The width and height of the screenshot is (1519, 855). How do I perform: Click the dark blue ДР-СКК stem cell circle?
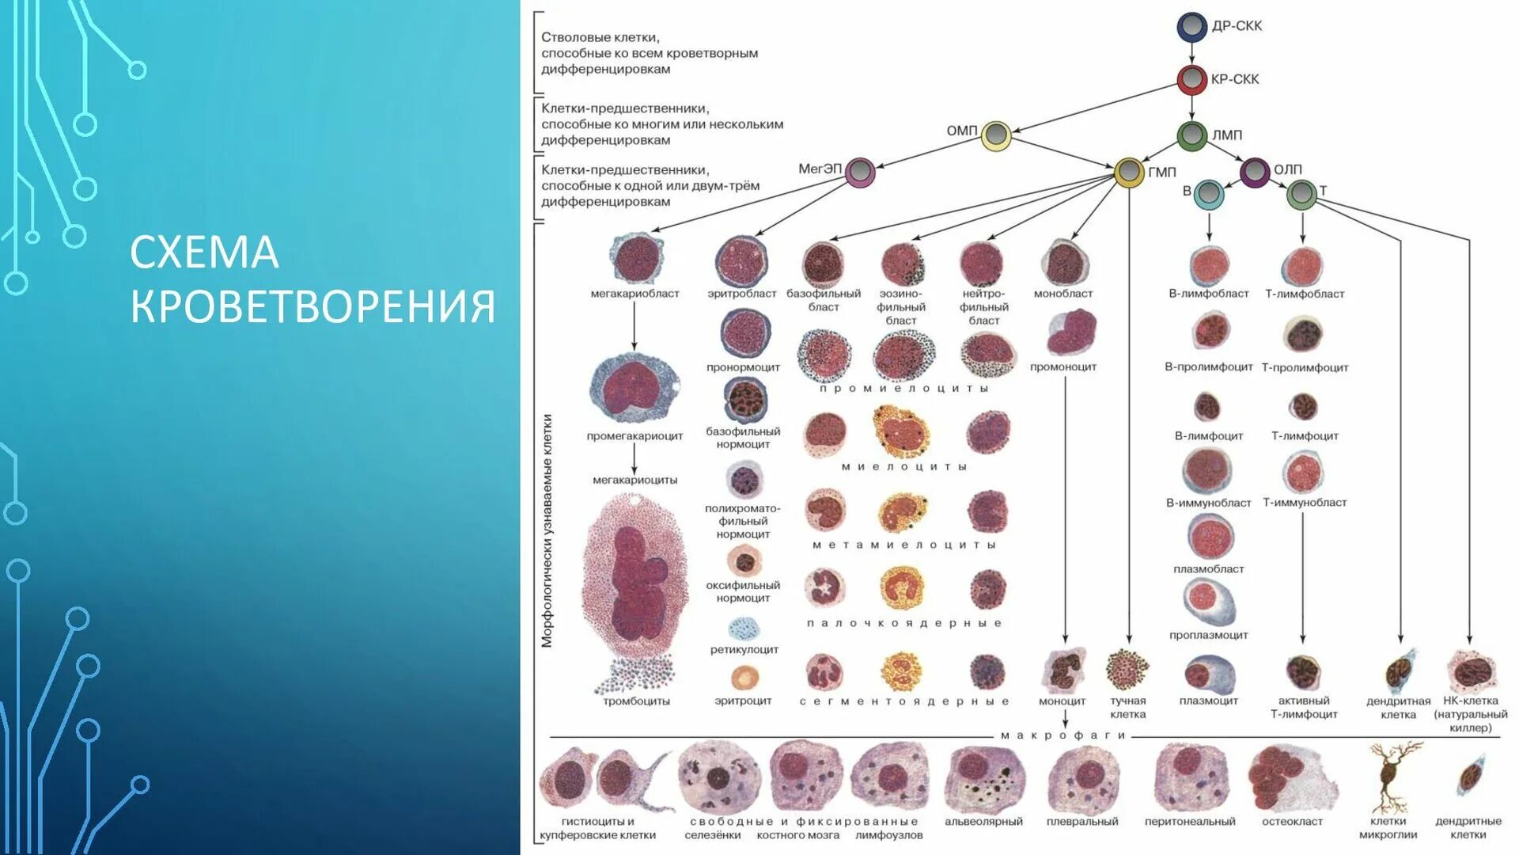(x=1191, y=26)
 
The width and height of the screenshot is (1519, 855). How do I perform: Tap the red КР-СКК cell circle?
(x=1191, y=79)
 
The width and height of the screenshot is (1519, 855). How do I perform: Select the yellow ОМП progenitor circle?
(x=996, y=135)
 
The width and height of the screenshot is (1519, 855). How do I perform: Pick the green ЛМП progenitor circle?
(x=1191, y=135)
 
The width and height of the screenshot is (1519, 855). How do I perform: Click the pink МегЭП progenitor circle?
(x=860, y=172)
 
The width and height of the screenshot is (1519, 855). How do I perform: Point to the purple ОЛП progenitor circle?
(x=1255, y=172)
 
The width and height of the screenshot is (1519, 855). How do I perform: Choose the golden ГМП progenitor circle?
(x=1129, y=172)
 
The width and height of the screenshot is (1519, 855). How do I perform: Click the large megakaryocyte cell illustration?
(x=633, y=582)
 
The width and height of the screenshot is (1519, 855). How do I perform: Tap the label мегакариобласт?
(x=634, y=294)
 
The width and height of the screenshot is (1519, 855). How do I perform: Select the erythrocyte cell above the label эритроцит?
(x=744, y=678)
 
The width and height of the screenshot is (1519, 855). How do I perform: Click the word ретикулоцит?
(x=744, y=650)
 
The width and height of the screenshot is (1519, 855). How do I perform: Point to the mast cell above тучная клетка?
(x=1127, y=670)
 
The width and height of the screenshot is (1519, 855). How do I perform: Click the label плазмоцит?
(x=1208, y=701)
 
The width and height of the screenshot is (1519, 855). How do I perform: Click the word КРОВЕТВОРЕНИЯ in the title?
(x=313, y=307)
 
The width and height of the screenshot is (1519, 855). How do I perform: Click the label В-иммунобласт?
(x=1208, y=503)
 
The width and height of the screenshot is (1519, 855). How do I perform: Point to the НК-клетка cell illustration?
(x=1471, y=671)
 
